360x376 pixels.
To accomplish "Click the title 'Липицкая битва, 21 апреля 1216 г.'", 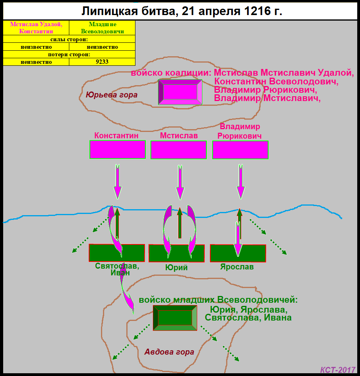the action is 182,11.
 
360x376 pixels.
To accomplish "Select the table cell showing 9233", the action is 102,62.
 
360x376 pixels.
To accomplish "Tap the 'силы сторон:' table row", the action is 69,39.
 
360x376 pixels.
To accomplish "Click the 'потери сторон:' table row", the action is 69,54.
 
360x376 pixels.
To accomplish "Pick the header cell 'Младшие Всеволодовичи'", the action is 102,28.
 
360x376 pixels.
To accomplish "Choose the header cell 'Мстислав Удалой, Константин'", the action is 36,28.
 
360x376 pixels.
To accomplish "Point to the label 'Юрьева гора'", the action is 112,95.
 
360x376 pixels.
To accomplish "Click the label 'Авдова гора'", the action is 169,352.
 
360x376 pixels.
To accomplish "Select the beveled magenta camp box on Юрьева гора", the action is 180,92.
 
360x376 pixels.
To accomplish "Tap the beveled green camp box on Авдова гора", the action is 175,318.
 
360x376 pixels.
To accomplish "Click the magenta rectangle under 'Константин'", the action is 118,150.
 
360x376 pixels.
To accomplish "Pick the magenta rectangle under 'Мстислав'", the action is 179,150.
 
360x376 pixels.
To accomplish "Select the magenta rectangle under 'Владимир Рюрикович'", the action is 240,150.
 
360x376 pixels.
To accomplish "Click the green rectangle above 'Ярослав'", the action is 238,253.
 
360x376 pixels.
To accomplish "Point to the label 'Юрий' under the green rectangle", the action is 176,267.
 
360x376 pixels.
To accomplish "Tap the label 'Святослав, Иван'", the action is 117,269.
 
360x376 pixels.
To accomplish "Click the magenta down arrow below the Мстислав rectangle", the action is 180,182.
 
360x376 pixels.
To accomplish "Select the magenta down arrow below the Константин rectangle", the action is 118,181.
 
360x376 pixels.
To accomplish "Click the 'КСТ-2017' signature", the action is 338,370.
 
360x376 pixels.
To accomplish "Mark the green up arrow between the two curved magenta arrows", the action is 180,223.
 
